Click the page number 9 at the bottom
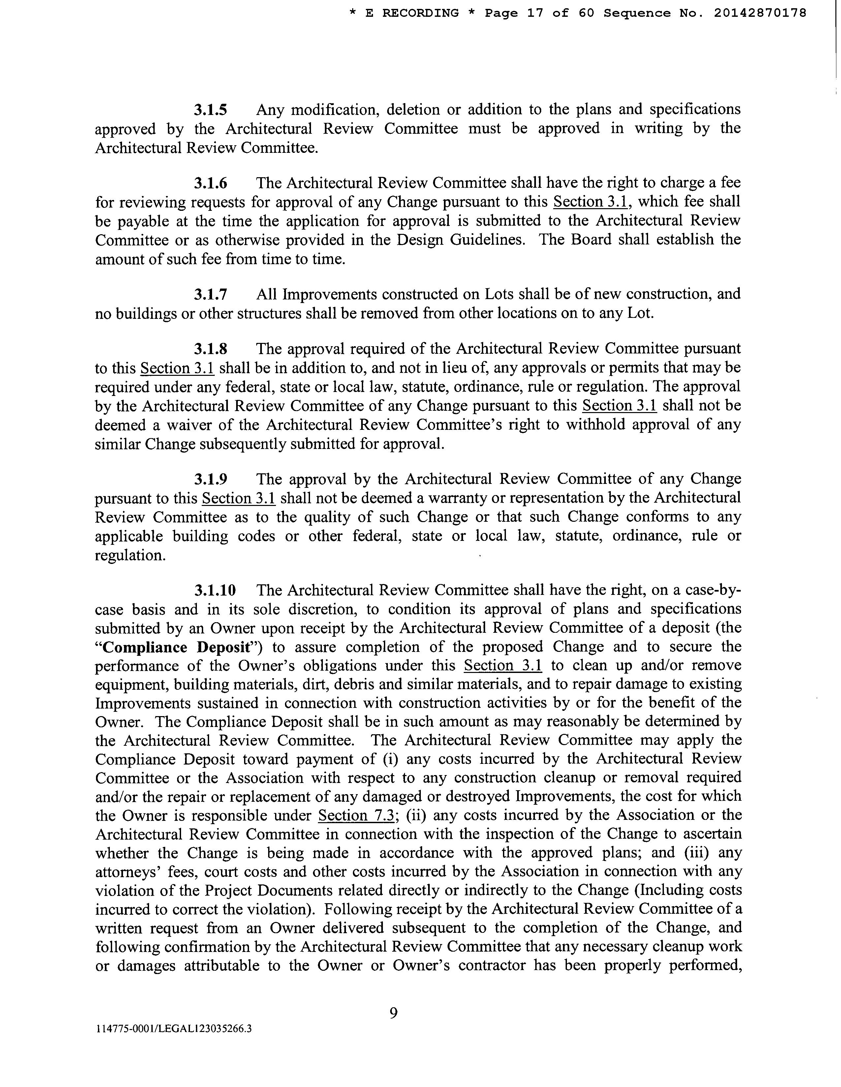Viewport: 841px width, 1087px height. point(393,1013)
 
